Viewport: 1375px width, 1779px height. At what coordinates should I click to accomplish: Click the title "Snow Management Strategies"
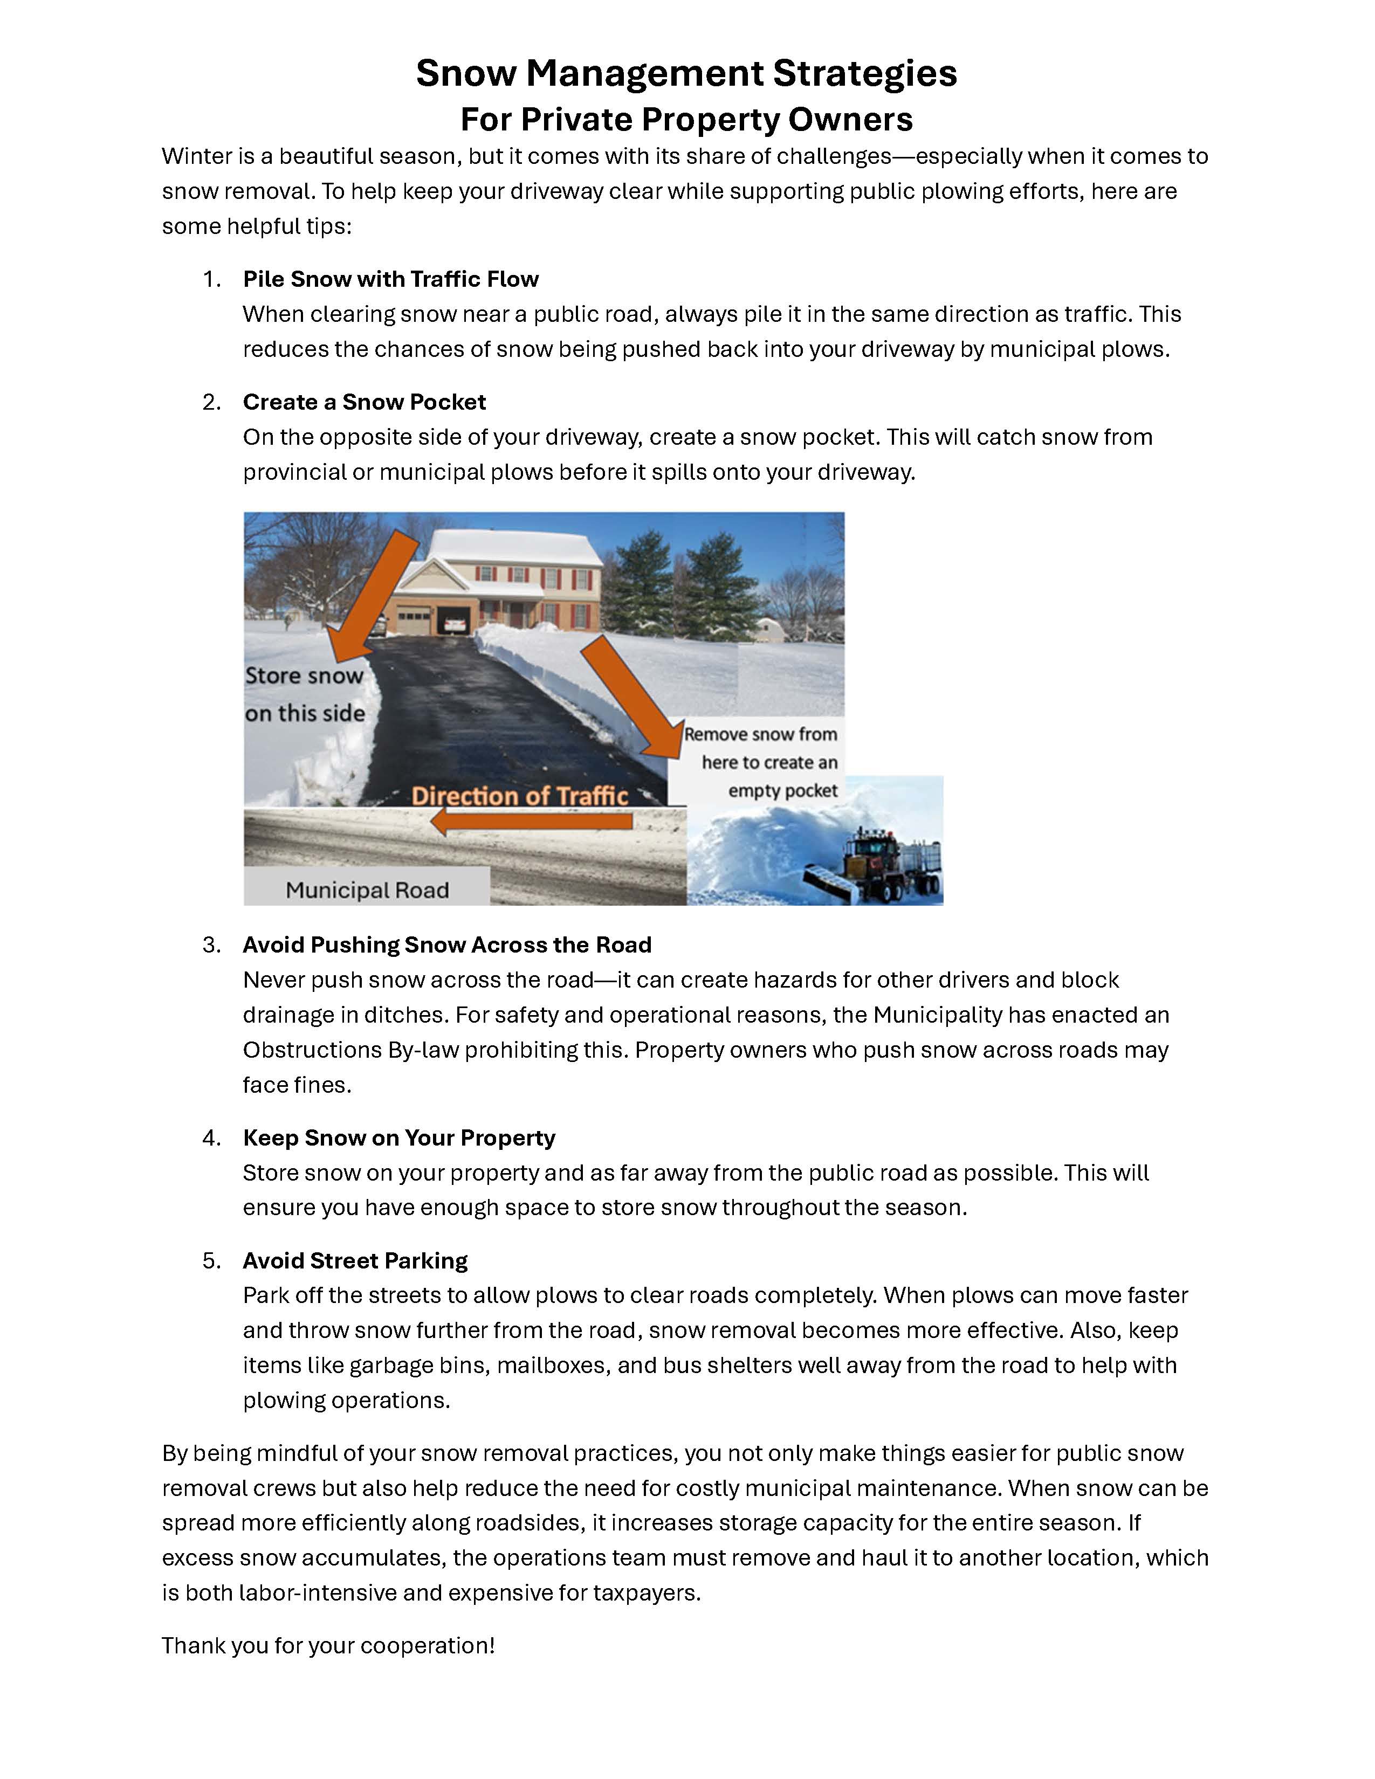[686, 73]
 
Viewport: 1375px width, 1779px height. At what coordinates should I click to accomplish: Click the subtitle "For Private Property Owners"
[686, 120]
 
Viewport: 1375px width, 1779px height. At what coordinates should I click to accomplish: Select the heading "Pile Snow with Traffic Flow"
[390, 279]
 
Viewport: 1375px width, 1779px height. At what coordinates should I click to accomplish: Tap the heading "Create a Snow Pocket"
[364, 402]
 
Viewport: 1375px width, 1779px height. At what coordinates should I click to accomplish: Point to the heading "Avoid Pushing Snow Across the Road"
[447, 945]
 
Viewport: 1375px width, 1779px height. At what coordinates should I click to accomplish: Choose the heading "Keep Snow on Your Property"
[398, 1138]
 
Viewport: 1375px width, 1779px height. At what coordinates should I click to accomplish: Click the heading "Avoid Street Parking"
[355, 1261]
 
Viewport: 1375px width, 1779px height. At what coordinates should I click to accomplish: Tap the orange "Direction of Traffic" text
[520, 796]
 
